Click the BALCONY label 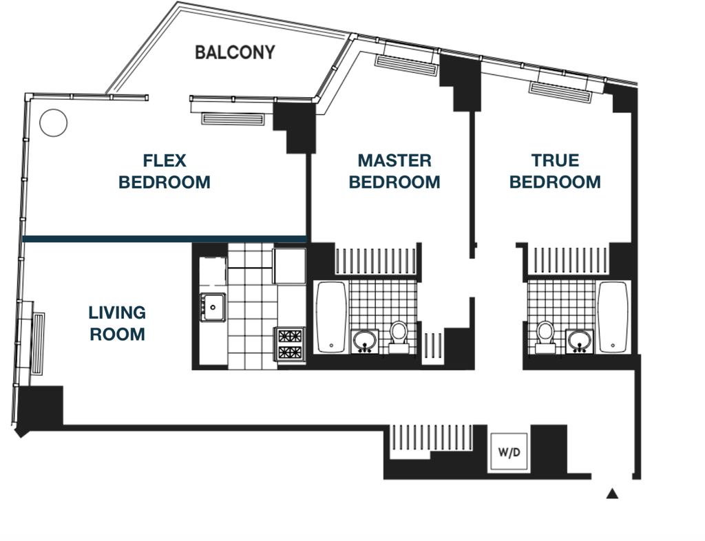235,52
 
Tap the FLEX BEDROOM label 165,171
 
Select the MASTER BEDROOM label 394,171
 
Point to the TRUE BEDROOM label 555,171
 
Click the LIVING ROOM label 117,323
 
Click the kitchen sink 213,308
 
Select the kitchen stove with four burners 290,344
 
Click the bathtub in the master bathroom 332,317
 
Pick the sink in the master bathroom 365,341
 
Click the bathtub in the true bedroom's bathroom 613,317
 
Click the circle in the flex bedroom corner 54,123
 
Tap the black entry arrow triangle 612,494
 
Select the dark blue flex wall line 165,239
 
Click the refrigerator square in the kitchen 290,266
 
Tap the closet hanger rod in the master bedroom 376,261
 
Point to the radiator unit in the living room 38,344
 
